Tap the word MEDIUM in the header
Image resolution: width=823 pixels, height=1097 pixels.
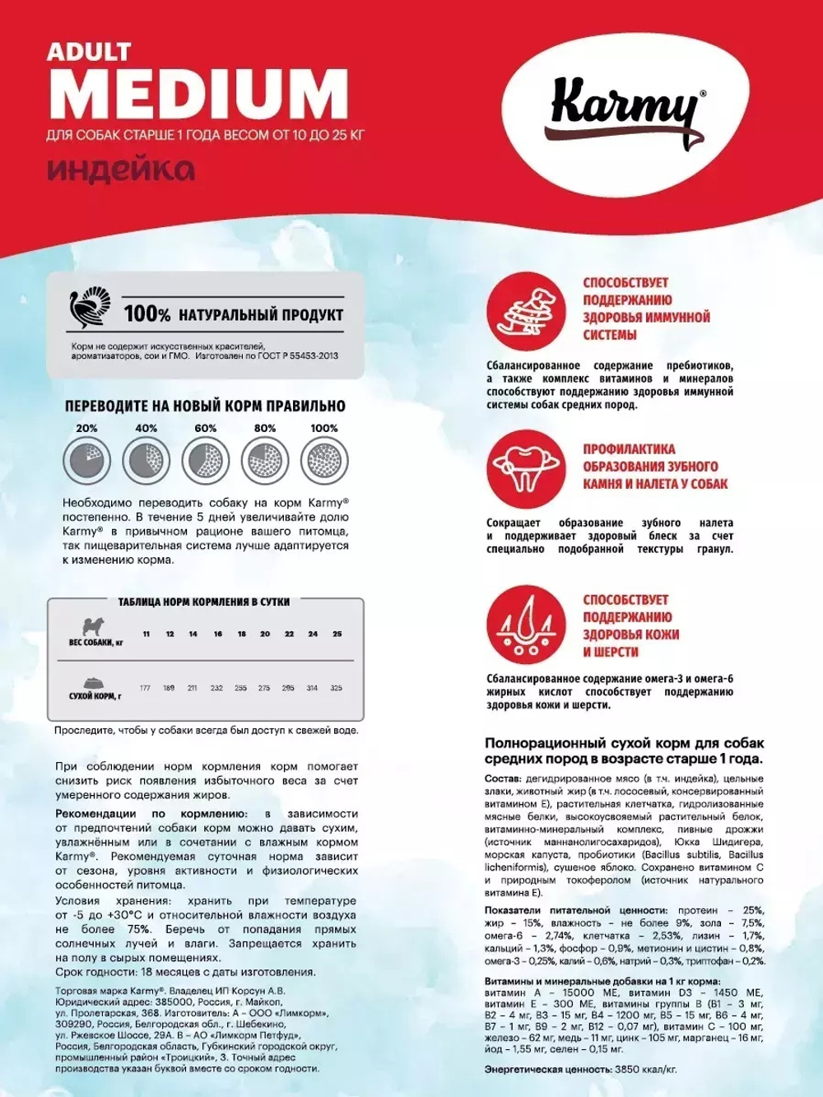pos(198,95)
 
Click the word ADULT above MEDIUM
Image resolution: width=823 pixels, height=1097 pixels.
pos(88,52)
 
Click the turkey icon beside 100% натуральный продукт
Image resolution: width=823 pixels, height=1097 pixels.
pos(90,309)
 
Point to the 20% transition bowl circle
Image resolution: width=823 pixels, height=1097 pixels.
pos(86,460)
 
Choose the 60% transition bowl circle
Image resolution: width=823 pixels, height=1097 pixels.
pos(205,460)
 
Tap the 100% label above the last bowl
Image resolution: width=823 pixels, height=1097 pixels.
pos(323,428)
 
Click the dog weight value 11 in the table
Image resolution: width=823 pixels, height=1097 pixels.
pos(146,634)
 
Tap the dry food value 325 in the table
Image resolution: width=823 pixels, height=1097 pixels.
pos(336,688)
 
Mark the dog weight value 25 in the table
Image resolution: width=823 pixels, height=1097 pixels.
pos(337,634)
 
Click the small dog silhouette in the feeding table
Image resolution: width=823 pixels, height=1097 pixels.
pos(95,625)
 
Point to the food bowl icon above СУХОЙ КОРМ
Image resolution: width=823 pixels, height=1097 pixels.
pos(95,683)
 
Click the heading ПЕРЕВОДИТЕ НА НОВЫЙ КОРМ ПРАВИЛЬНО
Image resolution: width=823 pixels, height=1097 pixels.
pos(205,406)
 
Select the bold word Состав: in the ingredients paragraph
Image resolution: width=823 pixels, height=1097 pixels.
pos(503,779)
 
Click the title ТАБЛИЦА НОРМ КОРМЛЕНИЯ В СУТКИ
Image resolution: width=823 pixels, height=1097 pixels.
pos(203,602)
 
